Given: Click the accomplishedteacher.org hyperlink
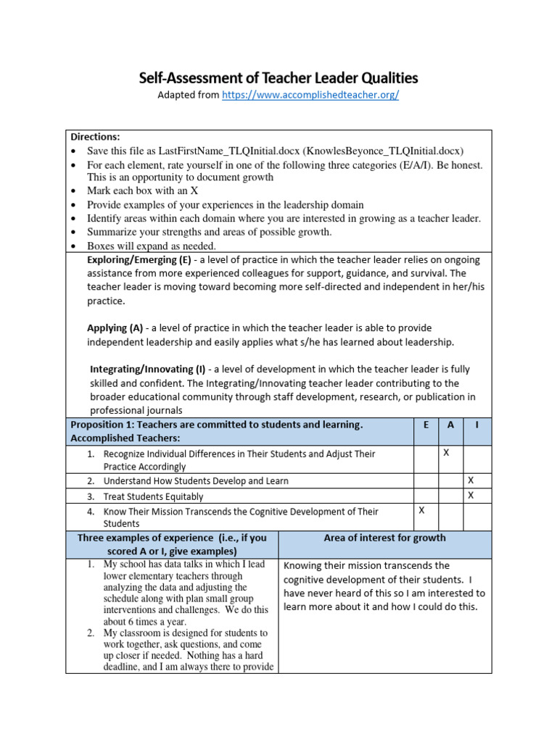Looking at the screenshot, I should (310, 96).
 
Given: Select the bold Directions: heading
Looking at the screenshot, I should (95, 136).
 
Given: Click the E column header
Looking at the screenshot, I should (425, 425).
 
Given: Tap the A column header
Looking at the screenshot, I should (450, 425).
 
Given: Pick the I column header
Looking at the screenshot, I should (476, 425).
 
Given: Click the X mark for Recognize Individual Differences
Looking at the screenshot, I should (446, 453).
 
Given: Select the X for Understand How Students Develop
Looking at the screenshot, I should (471, 480).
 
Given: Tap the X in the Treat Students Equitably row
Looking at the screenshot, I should (471, 496).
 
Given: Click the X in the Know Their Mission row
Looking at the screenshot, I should (421, 510).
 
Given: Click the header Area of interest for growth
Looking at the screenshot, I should (384, 538).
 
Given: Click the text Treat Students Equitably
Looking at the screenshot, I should (153, 497).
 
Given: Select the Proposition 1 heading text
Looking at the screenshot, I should (216, 425).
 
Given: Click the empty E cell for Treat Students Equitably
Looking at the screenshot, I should (425, 496).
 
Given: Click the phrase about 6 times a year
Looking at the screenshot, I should (145, 622).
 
